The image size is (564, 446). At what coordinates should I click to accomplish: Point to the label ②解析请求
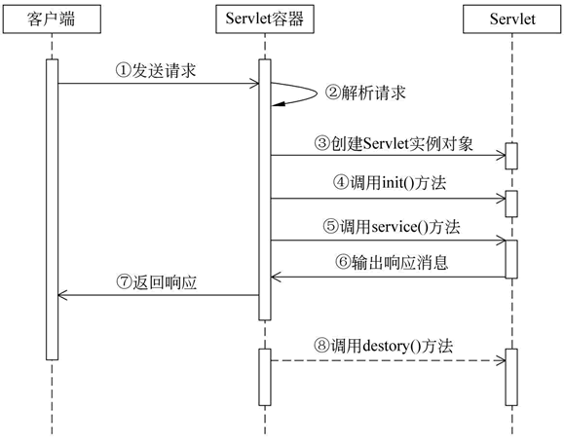pos(366,94)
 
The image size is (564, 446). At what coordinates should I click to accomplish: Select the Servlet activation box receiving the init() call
pos(510,204)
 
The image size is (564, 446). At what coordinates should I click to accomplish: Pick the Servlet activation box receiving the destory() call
pos(510,377)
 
